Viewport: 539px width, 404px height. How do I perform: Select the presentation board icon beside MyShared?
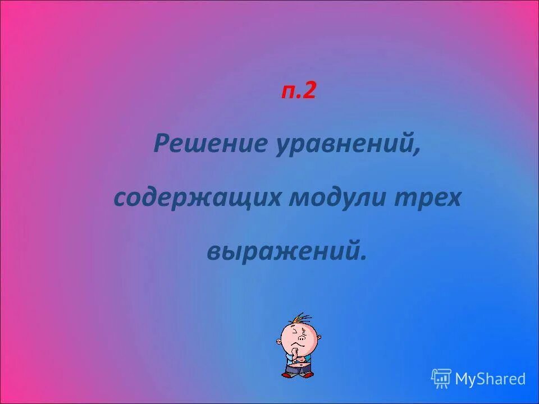pos(441,379)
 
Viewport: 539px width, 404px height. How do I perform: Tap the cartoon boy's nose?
pos(303,339)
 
